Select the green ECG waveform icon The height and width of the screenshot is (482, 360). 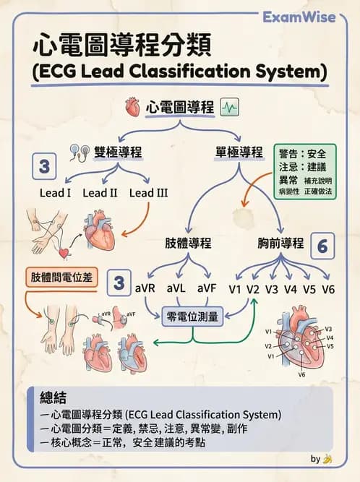tap(231, 108)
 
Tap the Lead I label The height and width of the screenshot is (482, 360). tap(54, 193)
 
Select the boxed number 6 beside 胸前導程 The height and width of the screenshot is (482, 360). tap(322, 246)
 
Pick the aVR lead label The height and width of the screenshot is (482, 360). tap(146, 289)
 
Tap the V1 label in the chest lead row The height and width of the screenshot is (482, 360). tap(233, 289)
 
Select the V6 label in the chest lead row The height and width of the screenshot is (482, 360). tap(328, 289)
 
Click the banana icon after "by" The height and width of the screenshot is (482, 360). tap(328, 459)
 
